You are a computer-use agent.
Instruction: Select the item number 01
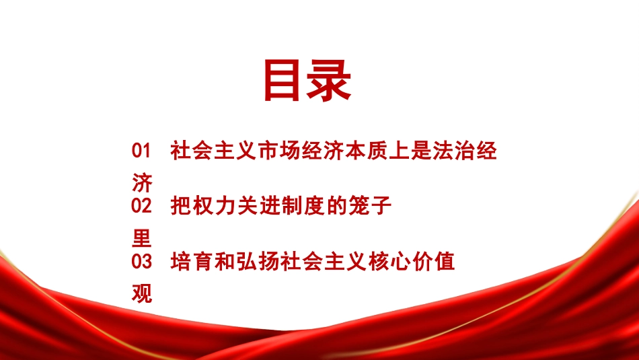[142, 151]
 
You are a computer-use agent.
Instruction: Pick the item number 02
[142, 206]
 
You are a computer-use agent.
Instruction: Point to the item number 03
[142, 261]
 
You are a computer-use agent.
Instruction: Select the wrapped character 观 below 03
[143, 293]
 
